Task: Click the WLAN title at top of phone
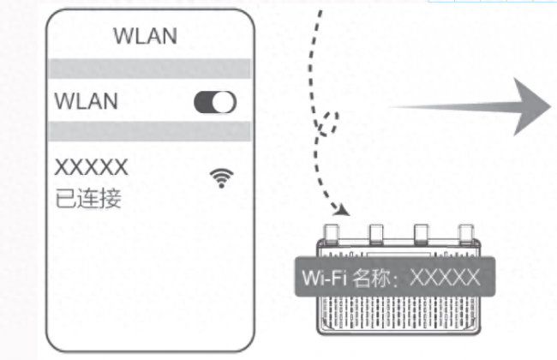tap(145, 36)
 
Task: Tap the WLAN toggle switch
tap(215, 102)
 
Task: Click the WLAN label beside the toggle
tap(86, 101)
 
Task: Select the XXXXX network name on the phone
tap(92, 166)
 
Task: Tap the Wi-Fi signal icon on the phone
tap(222, 178)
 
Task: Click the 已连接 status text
tap(88, 198)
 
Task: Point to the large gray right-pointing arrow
tap(469, 106)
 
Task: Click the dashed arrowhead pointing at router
tap(342, 210)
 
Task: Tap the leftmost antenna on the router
tap(332, 234)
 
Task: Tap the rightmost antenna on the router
tap(466, 234)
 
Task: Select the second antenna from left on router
tap(376, 234)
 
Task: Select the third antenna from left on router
tap(421, 234)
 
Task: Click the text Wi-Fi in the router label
tap(324, 277)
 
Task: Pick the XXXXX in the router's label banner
tap(445, 277)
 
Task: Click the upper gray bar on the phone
tap(149, 69)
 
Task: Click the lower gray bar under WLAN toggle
tap(149, 131)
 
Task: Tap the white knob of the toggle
tap(224, 102)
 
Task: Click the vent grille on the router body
tap(398, 313)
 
